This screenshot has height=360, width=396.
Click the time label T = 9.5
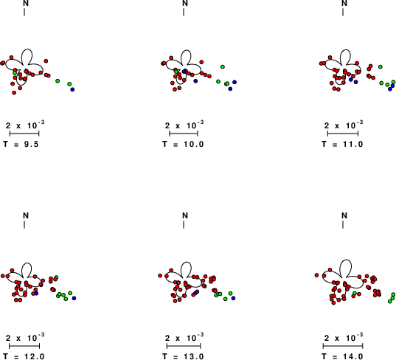(x=21, y=144)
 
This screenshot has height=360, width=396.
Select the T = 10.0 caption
(x=183, y=144)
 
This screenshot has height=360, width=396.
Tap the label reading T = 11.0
(x=342, y=144)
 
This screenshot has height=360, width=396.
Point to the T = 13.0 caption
(x=183, y=356)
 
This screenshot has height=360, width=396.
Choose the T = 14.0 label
(x=342, y=356)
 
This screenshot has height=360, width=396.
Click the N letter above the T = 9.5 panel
(x=26, y=3)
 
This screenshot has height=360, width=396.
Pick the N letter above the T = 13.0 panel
(x=185, y=215)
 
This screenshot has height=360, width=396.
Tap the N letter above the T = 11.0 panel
(x=344, y=3)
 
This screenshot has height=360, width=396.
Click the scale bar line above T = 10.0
(x=184, y=134)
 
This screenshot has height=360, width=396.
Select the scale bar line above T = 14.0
(x=343, y=346)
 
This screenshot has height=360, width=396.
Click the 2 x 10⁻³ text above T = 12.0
(x=25, y=338)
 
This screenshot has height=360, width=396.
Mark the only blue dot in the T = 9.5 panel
(x=72, y=89)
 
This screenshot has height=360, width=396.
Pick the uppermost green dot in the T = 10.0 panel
(x=223, y=66)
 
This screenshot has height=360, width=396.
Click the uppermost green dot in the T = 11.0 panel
(x=381, y=66)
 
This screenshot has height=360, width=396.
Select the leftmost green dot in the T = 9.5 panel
(x=15, y=73)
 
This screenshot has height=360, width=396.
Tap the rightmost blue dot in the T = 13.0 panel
(x=233, y=298)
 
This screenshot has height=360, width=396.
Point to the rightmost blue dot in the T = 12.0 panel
(x=74, y=298)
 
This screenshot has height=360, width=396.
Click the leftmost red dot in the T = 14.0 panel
(x=316, y=275)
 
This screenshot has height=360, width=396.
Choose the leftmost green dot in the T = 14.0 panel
(x=355, y=294)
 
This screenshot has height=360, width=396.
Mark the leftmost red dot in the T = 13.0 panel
(x=160, y=275)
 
